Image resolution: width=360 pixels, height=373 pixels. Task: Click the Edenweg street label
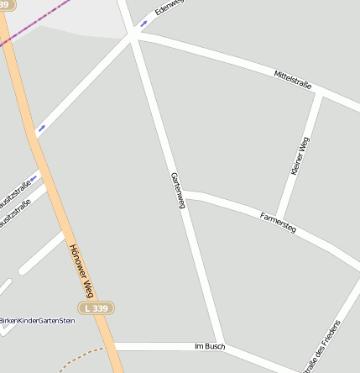click(x=170, y=8)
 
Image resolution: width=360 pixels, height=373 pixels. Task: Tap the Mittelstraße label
click(x=293, y=81)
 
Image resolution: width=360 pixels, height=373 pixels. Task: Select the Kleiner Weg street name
click(x=300, y=157)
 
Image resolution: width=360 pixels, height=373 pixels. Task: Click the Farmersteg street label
click(x=279, y=221)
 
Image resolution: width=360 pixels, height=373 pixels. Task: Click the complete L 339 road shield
click(x=97, y=308)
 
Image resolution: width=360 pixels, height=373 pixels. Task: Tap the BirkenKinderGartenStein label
click(x=38, y=321)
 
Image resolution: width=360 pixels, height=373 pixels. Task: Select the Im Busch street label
click(x=209, y=346)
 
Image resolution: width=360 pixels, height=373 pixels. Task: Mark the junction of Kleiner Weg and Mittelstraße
click(x=321, y=94)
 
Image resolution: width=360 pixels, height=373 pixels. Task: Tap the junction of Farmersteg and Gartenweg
click(x=184, y=196)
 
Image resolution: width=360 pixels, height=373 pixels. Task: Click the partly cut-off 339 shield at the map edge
click(x=7, y=5)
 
